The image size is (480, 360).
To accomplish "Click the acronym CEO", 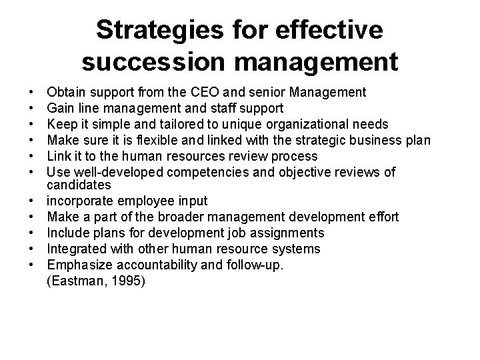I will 216,91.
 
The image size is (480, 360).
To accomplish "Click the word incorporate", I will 79,200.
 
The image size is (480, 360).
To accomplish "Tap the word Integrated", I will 76,249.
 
